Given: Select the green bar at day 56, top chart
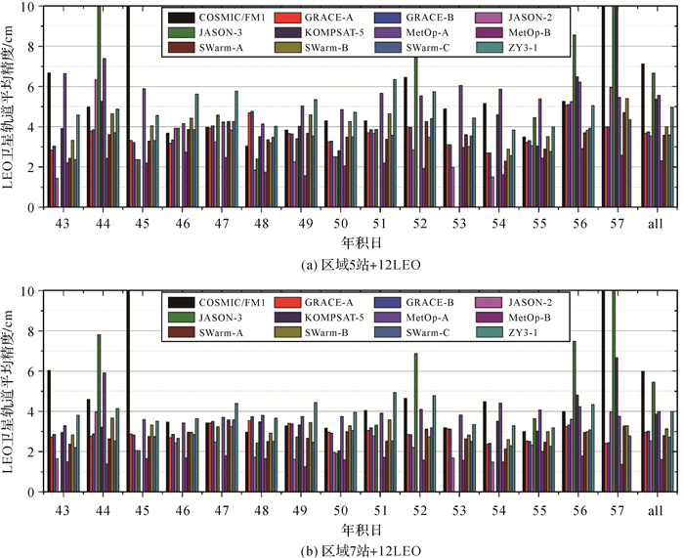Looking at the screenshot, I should coord(575,117).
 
